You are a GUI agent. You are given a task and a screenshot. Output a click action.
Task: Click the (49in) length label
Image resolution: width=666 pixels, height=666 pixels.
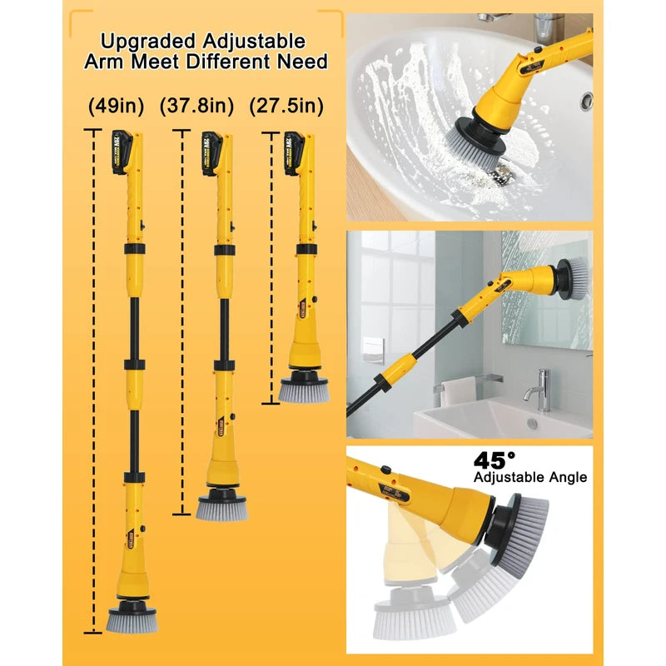click(x=117, y=107)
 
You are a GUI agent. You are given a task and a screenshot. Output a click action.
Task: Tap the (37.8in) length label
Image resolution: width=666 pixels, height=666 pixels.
click(x=207, y=107)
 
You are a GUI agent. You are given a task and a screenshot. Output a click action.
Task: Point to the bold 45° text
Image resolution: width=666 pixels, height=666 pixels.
click(x=495, y=460)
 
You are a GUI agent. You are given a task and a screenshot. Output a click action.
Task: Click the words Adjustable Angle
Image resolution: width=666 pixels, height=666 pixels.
click(x=529, y=478)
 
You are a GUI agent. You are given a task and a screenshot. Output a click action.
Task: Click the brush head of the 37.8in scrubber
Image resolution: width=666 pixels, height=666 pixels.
click(x=221, y=507)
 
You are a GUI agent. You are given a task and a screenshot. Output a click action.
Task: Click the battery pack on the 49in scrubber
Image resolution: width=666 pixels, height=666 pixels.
click(x=119, y=152)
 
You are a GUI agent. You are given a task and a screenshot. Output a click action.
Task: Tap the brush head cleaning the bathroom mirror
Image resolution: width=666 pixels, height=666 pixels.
click(x=573, y=277)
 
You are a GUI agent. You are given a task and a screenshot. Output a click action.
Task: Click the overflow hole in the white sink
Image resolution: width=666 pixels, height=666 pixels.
click(x=586, y=100)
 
